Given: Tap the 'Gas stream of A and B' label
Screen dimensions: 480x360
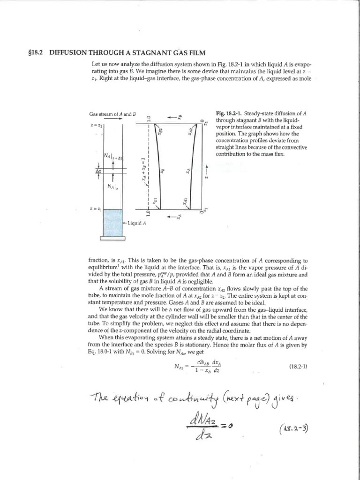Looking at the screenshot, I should coord(112,114).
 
